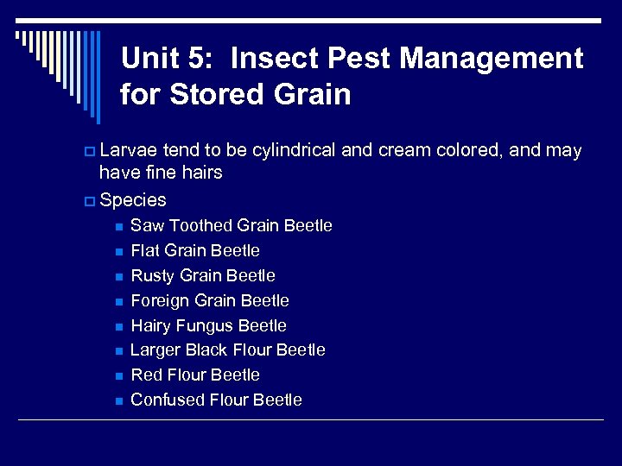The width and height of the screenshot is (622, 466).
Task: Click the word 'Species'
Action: click(133, 200)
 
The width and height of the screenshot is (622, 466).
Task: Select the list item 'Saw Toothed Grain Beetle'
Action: click(231, 226)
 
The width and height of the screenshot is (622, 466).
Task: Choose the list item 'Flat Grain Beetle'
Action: click(194, 251)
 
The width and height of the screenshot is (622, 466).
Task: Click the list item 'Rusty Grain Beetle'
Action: click(202, 276)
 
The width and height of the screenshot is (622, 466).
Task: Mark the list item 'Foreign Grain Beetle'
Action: click(209, 301)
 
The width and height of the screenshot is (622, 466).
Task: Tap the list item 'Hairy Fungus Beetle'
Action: click(208, 326)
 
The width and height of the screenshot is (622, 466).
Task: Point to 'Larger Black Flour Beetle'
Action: click(227, 350)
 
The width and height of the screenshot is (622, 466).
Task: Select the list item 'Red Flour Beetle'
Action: click(194, 375)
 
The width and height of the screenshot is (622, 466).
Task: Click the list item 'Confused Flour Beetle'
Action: click(216, 400)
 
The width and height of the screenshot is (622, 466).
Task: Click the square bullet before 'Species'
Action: click(90, 201)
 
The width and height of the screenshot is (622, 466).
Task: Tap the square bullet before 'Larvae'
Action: click(90, 152)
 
